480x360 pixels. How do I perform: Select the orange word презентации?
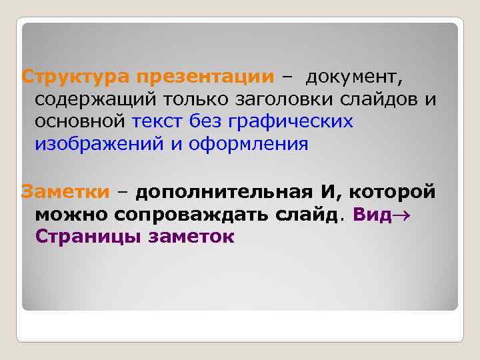[x=205, y=77]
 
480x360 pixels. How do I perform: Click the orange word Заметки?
[x=65, y=192]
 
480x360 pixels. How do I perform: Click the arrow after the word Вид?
[x=400, y=215]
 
